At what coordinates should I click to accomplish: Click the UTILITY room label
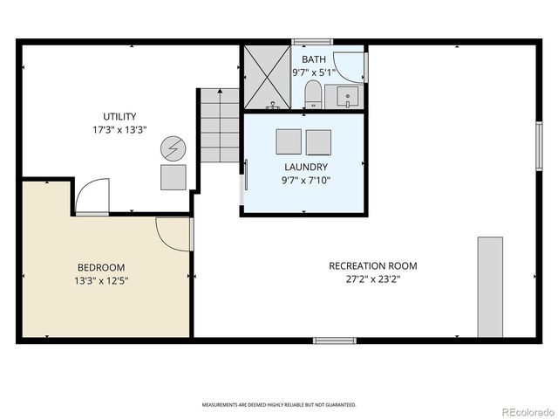120,117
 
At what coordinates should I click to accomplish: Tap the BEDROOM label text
101,267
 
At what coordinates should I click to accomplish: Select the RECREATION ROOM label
372,265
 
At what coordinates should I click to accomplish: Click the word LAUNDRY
306,167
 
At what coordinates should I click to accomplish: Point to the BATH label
314,59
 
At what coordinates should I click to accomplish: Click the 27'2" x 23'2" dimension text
372,280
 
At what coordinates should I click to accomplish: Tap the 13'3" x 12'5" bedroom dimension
101,281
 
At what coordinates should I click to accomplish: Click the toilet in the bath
312,95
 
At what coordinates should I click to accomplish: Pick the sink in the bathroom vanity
346,95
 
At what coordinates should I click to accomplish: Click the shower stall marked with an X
267,76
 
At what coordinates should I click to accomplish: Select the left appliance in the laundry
289,141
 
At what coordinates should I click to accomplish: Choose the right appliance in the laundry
318,141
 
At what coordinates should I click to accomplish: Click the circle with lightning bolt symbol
174,148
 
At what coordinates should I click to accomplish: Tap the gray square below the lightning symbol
174,177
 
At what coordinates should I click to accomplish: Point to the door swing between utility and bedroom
91,197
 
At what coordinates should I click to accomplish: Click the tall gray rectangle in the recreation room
490,286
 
